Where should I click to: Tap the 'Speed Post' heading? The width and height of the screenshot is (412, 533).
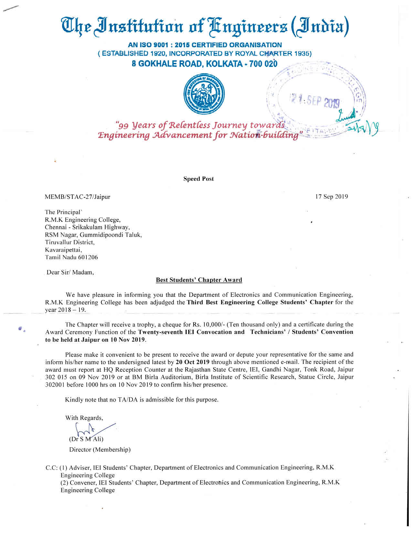click(x=198, y=179)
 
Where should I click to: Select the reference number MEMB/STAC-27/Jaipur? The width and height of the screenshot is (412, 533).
click(x=78, y=197)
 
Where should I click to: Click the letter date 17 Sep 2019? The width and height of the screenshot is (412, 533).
click(x=332, y=196)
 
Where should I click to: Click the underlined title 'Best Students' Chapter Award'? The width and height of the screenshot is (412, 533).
click(x=199, y=280)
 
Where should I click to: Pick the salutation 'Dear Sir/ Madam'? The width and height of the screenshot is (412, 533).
click(x=70, y=272)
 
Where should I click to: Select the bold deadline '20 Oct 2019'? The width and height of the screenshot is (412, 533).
click(x=193, y=362)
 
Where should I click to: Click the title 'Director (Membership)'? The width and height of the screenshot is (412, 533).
click(x=100, y=450)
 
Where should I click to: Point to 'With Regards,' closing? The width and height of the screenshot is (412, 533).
click(x=84, y=418)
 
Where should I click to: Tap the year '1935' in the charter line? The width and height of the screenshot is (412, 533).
click(x=302, y=54)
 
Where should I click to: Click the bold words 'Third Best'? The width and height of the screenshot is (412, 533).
click(x=203, y=302)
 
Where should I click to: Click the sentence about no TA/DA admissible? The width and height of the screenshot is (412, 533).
click(x=142, y=400)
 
